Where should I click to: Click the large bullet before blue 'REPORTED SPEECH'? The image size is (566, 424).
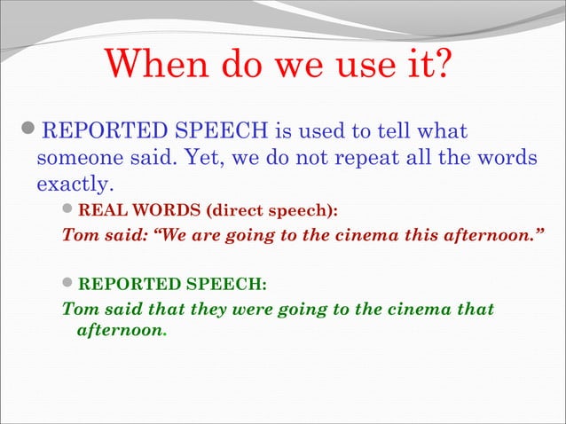coord(29,134)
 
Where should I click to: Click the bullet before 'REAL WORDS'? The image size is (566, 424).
coord(70,212)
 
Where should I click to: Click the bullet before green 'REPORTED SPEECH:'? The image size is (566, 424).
coord(70,285)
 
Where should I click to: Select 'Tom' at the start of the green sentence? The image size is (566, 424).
coord(76,309)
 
